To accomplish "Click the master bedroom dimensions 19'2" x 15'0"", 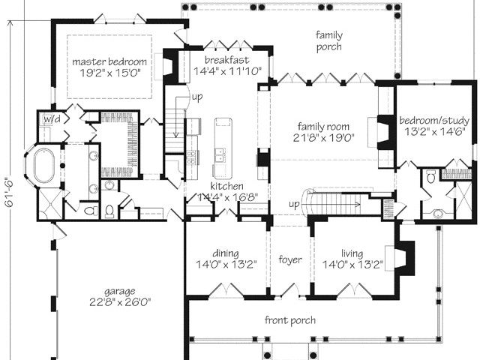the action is tap(110, 73).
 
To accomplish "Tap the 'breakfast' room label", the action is tap(226, 60).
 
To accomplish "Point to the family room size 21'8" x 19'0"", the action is tap(323, 138).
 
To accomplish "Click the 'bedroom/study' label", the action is tap(434, 120).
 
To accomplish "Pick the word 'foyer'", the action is tap(290, 259).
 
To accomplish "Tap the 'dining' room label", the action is tap(226, 253).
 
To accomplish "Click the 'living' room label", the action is tap(352, 253).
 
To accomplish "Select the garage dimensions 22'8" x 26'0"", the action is tap(120, 302).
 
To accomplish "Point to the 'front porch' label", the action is tap(290, 320).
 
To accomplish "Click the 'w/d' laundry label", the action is tap(52, 118).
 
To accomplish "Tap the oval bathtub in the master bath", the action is tap(43, 165).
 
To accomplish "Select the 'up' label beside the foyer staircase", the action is tap(294, 205).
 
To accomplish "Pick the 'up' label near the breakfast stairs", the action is tap(197, 97).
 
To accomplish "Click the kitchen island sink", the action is tap(220, 155).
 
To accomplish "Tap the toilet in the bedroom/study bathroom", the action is tap(431, 177).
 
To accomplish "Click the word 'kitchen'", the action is tap(226, 186).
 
